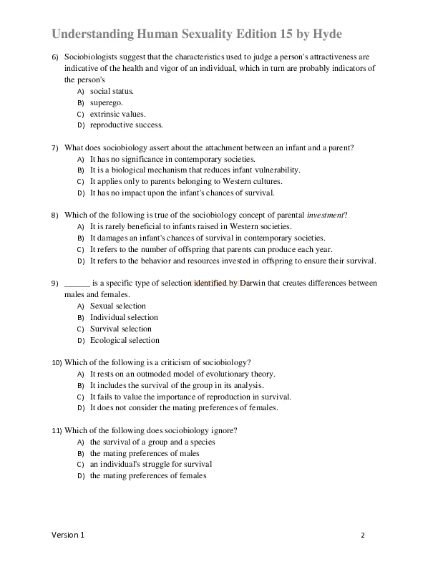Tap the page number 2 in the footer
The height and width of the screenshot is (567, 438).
pyautogui.click(x=363, y=535)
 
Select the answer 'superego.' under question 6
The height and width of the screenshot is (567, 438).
pyautogui.click(x=106, y=102)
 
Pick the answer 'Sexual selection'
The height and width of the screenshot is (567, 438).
pyautogui.click(x=117, y=306)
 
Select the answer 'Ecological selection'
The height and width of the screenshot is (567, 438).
pyautogui.click(x=125, y=340)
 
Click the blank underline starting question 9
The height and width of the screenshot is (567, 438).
pyautogui.click(x=77, y=283)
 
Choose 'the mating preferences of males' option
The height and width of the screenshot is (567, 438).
pyautogui.click(x=145, y=453)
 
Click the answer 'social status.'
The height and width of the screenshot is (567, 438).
pyautogui.click(x=112, y=91)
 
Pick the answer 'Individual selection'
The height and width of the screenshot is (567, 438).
pyautogui.click(x=124, y=317)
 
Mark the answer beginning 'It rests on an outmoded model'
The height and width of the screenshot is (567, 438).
pyautogui.click(x=182, y=374)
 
